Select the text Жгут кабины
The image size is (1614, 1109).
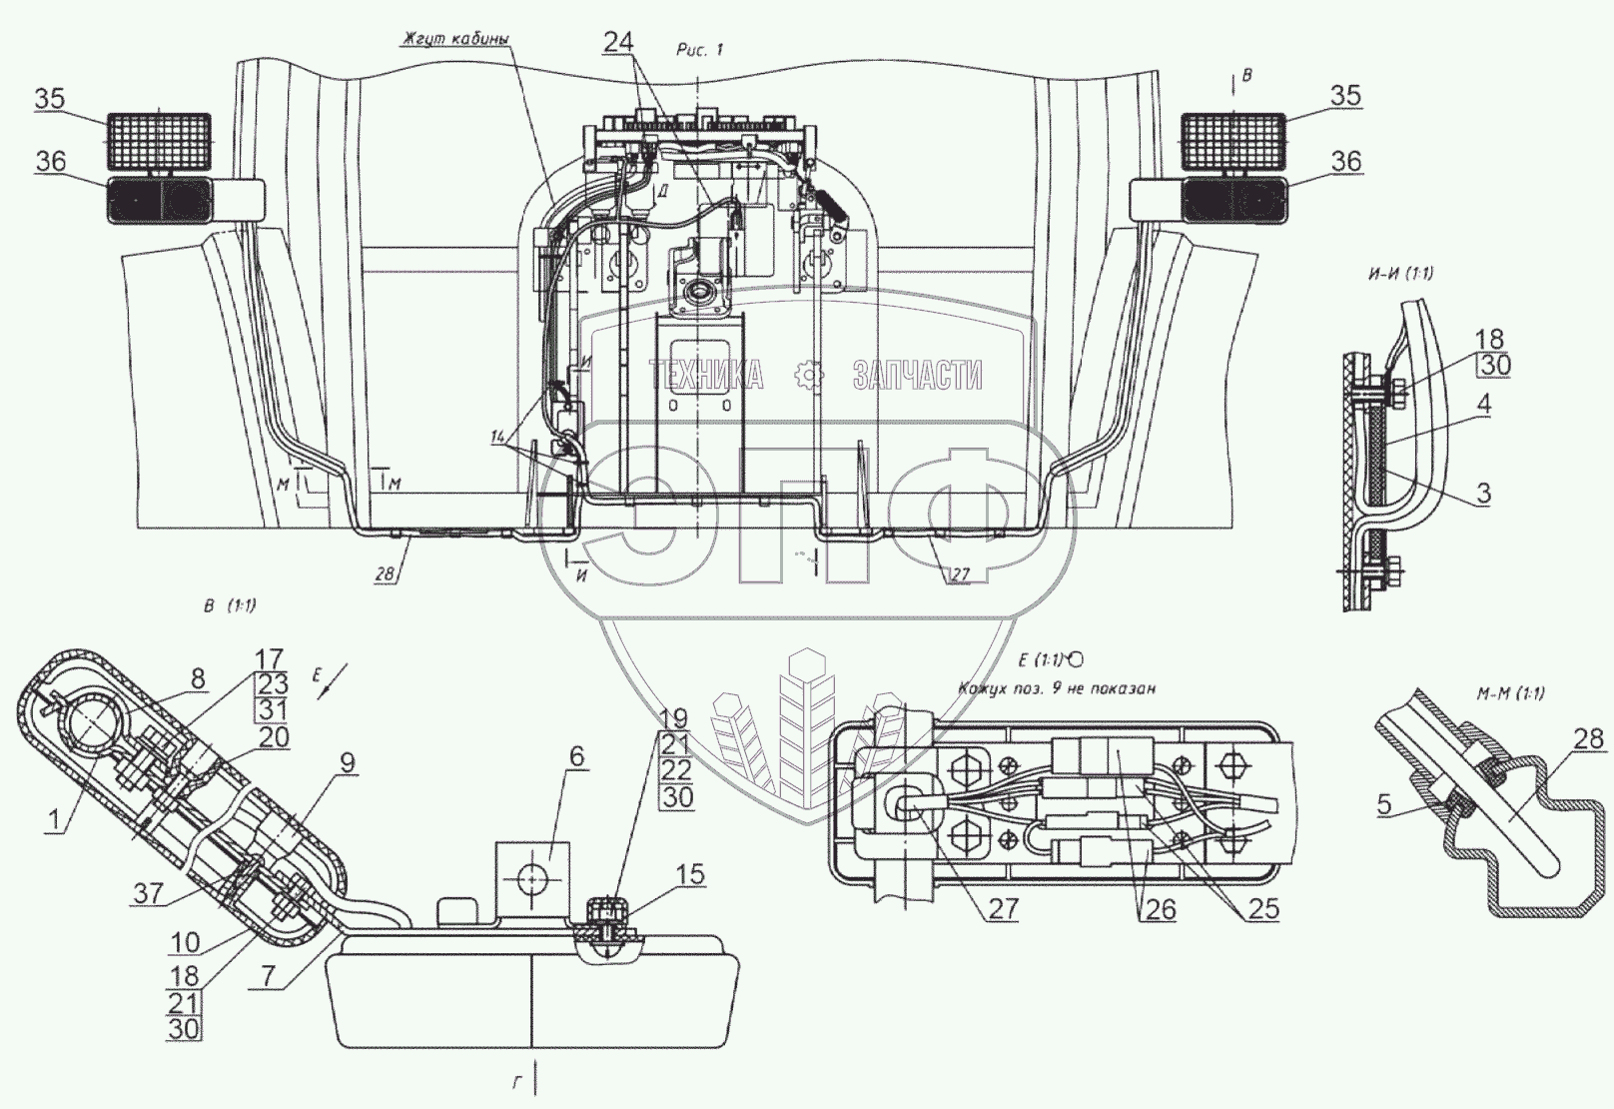pyautogui.click(x=454, y=40)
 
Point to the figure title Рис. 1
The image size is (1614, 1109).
pyautogui.click(x=698, y=51)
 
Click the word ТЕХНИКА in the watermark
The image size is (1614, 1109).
pyautogui.click(x=705, y=376)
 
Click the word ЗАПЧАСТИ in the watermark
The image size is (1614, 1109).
pyautogui.click(x=917, y=376)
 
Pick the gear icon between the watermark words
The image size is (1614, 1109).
pyautogui.click(x=808, y=376)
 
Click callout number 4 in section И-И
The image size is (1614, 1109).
pyautogui.click(x=1485, y=404)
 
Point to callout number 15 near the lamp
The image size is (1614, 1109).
pyautogui.click(x=690, y=875)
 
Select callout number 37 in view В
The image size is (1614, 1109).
pyautogui.click(x=149, y=892)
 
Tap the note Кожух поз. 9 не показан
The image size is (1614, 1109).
pyautogui.click(x=1056, y=688)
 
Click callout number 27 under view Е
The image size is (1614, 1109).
pyautogui.click(x=1003, y=907)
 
